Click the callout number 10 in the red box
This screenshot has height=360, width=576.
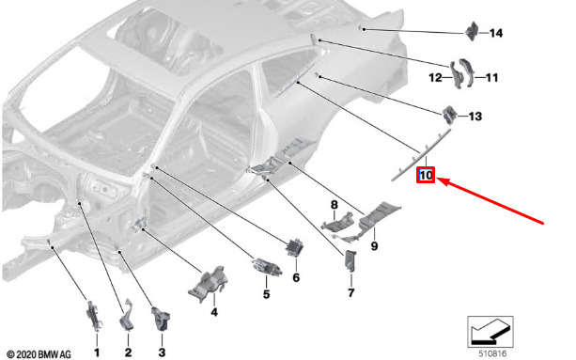tap(426, 175)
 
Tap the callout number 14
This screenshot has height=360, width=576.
tap(496, 34)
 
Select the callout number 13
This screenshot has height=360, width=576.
tap(475, 117)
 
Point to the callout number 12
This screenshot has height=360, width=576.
tap(435, 78)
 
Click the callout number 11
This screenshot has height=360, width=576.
tap(491, 78)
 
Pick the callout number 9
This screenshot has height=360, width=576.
tap(374, 245)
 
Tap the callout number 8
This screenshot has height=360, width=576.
tap(334, 205)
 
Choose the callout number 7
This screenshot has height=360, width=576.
tap(351, 292)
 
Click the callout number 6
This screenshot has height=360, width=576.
tap(296, 277)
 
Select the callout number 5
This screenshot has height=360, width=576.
tap(266, 294)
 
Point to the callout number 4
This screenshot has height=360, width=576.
tap(214, 312)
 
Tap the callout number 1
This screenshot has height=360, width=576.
tap(97, 352)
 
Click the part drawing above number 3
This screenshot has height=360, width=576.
tap(161, 319)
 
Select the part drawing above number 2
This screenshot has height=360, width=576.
tap(126, 315)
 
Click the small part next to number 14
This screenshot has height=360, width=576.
tap(472, 32)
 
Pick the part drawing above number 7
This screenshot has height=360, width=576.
tap(350, 261)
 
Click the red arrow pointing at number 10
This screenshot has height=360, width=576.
tap(490, 200)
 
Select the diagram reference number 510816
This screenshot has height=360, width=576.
tap(492, 353)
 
